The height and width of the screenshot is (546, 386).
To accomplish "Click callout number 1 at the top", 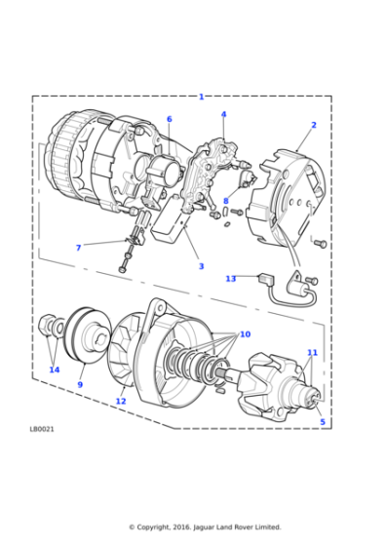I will click(x=202, y=97).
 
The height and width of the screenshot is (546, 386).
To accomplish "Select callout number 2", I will click(x=313, y=125).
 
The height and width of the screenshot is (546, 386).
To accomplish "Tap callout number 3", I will click(x=201, y=265).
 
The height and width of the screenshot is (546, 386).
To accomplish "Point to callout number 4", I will click(x=223, y=114).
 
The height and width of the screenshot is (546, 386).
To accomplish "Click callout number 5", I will click(x=323, y=421).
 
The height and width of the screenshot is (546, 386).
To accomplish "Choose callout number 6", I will click(x=169, y=119).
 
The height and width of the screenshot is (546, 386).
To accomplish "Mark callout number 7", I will click(x=78, y=248).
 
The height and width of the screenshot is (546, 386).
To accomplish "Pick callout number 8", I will click(x=225, y=202).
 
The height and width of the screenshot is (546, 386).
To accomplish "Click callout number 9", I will click(x=80, y=384).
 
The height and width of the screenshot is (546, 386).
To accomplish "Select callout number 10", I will click(x=245, y=333).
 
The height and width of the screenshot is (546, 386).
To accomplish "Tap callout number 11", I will click(x=312, y=352).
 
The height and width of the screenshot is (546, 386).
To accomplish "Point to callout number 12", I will click(x=121, y=401).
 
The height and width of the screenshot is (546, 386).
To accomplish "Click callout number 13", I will click(x=230, y=279).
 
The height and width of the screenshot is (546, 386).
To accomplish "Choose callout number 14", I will click(x=54, y=370).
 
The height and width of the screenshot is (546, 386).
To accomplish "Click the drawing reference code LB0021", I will click(x=43, y=427).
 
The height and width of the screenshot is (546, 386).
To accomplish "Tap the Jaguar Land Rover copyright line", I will click(x=205, y=526).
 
